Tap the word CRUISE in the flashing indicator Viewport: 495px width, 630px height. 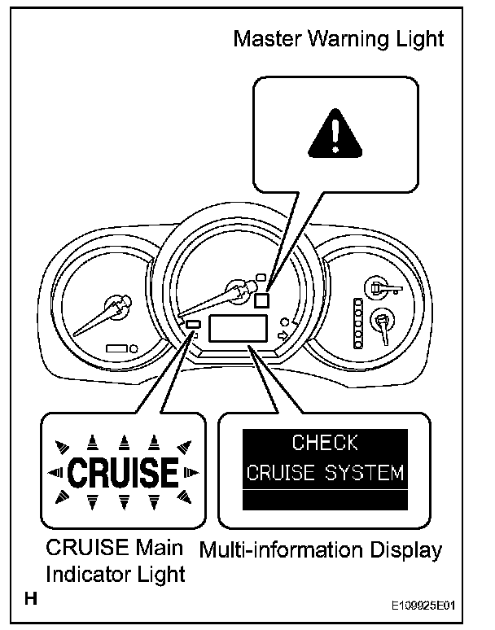coord(121,472)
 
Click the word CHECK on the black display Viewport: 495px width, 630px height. coord(325,443)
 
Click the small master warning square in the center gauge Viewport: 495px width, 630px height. coord(262,299)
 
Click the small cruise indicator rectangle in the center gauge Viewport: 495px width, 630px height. coord(194,325)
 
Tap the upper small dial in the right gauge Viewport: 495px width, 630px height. coord(377,286)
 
